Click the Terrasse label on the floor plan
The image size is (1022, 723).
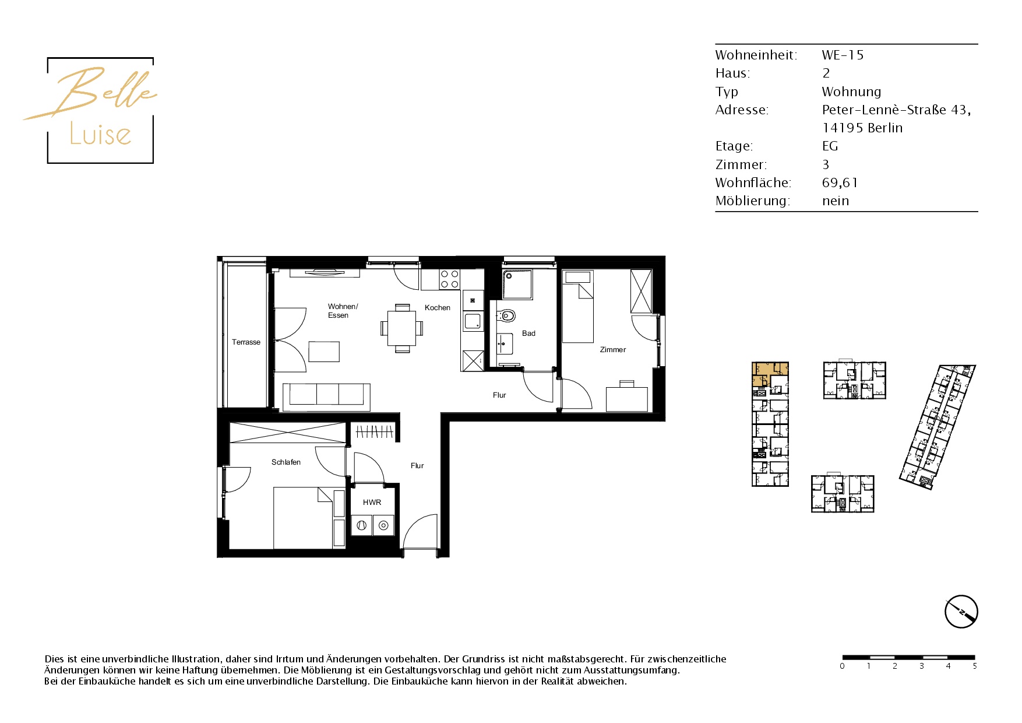[x=246, y=342]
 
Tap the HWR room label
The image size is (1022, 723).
[x=372, y=502]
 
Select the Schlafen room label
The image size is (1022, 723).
[x=286, y=462]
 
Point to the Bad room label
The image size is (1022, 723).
[x=528, y=334]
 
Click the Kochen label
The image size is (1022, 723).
[x=438, y=308]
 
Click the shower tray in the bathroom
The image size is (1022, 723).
[x=517, y=284]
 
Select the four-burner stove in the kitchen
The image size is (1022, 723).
[x=449, y=279]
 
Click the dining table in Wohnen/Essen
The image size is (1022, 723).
[x=402, y=328]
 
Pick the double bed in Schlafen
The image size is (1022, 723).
[x=303, y=518]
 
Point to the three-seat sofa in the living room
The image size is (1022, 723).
[x=326, y=396]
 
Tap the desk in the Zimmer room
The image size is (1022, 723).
[x=626, y=399]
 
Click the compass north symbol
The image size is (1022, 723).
[x=961, y=612]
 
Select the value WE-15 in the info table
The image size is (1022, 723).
[x=843, y=55]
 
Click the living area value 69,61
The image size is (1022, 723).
[x=840, y=182]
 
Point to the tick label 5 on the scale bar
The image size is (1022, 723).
[x=974, y=666]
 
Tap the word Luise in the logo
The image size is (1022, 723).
[x=100, y=134]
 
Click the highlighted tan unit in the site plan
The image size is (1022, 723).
[x=770, y=373]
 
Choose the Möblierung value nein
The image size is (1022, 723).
[x=836, y=201]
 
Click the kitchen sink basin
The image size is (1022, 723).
[x=473, y=321]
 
